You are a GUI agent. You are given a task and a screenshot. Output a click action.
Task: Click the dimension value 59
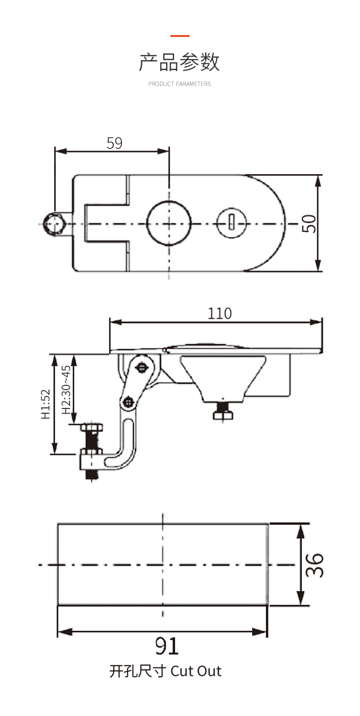coord(114,143)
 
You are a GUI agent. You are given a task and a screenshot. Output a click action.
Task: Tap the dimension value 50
coord(310,223)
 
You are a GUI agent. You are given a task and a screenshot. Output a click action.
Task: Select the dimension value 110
coord(219,313)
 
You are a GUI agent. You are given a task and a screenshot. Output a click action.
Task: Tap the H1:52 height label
coord(45,404)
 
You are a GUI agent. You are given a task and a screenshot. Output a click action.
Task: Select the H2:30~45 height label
coord(66,390)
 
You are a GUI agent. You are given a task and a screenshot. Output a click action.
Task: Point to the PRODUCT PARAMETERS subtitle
coord(180,84)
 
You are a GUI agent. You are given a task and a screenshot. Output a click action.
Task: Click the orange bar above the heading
coord(180,36)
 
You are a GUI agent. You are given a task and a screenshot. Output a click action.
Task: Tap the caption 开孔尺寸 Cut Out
coord(166,670)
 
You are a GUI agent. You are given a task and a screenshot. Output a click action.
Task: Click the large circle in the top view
coord(169,223)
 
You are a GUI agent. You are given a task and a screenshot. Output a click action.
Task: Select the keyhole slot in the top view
coord(231,223)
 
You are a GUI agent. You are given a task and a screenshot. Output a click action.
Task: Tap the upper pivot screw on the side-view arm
coord(141,368)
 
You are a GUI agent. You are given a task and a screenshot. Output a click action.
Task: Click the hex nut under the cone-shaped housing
coord(223,415)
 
